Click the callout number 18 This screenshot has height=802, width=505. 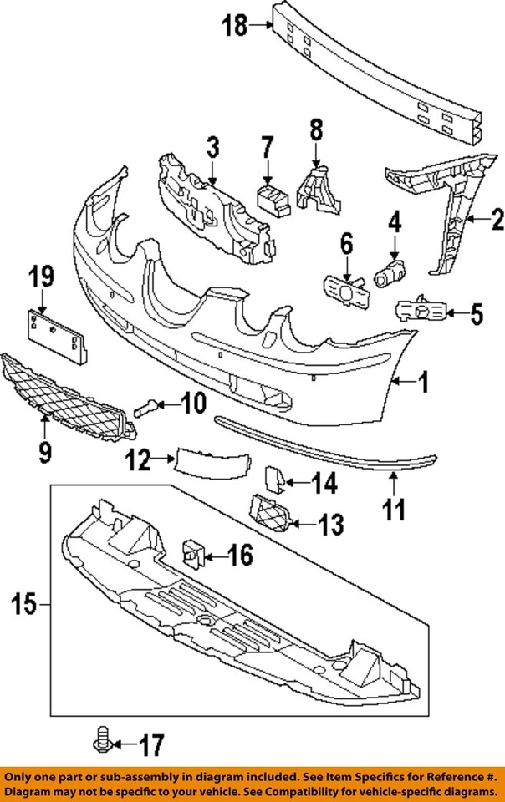pyautogui.click(x=235, y=26)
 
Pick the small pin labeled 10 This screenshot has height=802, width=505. pyautogui.click(x=145, y=408)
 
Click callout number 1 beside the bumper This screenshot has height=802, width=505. pyautogui.click(x=424, y=383)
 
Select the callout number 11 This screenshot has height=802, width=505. pyautogui.click(x=393, y=507)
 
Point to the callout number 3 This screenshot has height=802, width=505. pyautogui.click(x=212, y=150)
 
